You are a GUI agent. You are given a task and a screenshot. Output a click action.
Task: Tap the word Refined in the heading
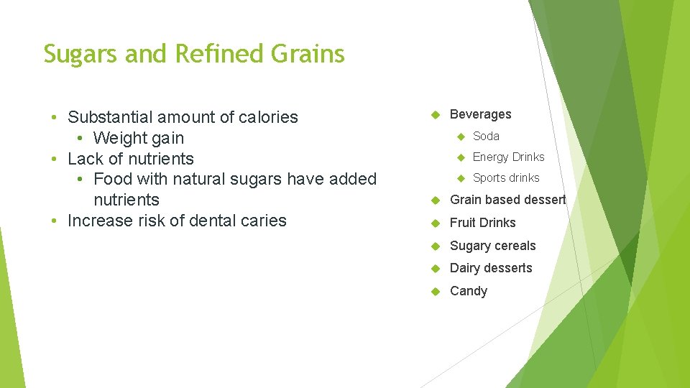tap(221, 54)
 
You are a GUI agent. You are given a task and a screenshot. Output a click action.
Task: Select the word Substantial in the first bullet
tap(111, 117)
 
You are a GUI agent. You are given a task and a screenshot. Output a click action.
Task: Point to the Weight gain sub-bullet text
tap(139, 138)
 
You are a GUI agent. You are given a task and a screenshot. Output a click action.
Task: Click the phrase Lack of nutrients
tap(130, 159)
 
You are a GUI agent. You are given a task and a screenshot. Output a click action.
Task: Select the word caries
tap(264, 221)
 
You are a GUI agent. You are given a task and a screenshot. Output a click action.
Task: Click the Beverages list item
tap(480, 114)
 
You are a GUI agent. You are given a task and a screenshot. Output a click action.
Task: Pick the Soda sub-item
tap(486, 136)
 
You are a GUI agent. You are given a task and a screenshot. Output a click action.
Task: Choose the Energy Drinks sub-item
tap(508, 157)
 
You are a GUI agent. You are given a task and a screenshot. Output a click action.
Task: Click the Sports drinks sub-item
tap(505, 177)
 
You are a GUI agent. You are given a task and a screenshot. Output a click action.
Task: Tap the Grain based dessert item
tap(507, 200)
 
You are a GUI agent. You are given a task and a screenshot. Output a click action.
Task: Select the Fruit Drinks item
tap(482, 223)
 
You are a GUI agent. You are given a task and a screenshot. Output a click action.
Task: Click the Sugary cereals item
tap(492, 246)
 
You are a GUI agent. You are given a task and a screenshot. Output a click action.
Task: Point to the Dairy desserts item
tap(491, 268)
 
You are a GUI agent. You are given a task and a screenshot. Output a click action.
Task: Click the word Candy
tap(468, 291)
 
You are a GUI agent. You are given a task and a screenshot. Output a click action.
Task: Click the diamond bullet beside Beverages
tap(434, 115)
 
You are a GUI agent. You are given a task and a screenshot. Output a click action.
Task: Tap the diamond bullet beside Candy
tap(434, 291)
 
